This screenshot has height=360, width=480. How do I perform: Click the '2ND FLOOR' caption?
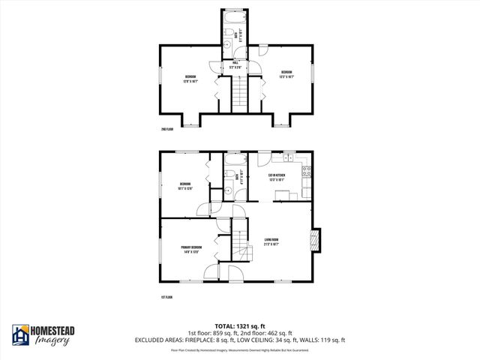[167, 129]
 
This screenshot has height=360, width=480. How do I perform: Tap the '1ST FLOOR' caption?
[167, 298]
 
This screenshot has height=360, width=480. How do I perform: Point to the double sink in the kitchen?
[286, 158]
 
